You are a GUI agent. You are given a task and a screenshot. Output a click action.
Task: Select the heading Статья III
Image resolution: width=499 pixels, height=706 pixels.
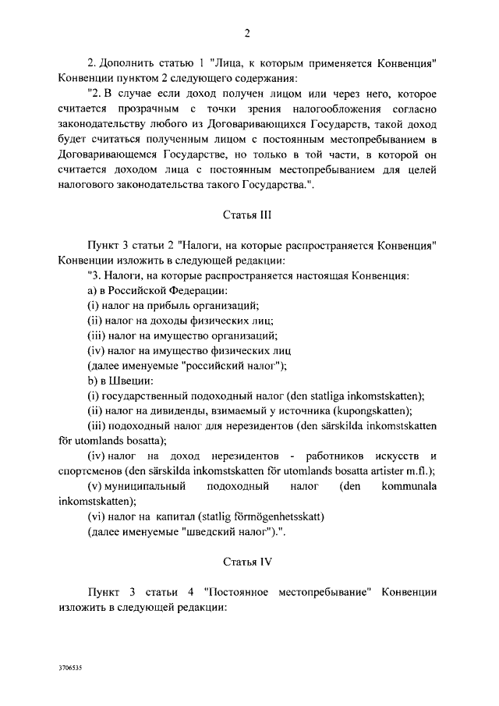246,213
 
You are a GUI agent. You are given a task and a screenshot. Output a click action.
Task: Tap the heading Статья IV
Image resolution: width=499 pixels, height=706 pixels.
246,561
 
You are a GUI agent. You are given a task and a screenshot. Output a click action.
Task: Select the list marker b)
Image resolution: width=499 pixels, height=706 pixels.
92,381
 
